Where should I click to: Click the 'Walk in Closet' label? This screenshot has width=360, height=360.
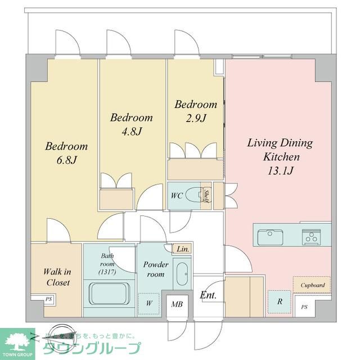pos(57,277)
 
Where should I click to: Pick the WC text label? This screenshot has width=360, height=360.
pos(176,195)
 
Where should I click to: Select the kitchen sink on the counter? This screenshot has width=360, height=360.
pos(271,237)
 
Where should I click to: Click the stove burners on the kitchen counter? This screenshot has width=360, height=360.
pos(311,237)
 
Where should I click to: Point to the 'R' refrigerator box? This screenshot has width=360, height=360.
pos(279,301)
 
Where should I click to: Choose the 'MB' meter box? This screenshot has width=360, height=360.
pos(177,304)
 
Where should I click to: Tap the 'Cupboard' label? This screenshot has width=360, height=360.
pos(312,285)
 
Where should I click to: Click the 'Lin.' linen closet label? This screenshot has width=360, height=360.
pos(182,248)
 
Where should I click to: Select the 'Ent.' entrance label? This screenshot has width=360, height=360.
pos(208,295)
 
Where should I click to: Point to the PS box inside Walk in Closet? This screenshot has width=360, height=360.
pos(48,300)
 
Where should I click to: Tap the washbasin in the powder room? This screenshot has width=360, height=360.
pos(182,274)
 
